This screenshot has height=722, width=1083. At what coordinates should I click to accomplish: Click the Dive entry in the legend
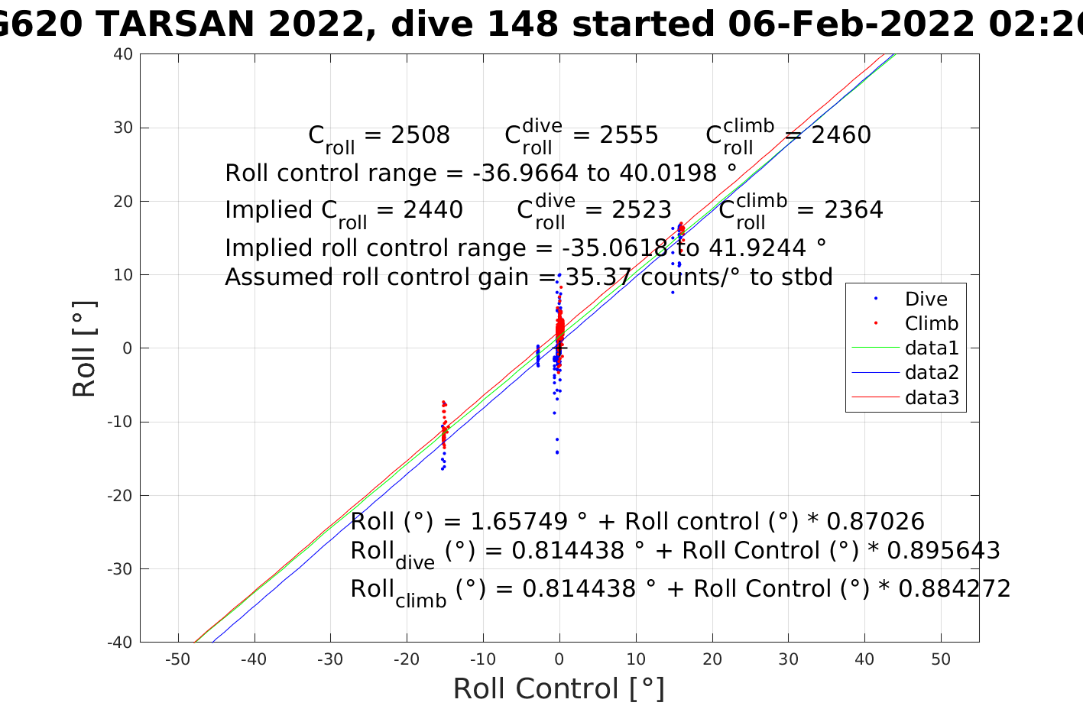[x=926, y=299]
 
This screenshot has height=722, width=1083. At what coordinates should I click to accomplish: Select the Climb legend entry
[x=931, y=324]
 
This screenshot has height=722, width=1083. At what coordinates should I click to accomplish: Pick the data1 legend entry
[x=931, y=348]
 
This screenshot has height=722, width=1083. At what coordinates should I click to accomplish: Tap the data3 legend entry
[x=931, y=397]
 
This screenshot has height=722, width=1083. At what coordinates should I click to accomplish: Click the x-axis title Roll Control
[x=559, y=689]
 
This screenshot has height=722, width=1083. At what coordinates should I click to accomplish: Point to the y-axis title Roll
[x=84, y=348]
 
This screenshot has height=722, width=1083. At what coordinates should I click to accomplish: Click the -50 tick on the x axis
[x=177, y=659]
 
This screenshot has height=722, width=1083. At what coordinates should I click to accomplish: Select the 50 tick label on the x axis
[x=941, y=659]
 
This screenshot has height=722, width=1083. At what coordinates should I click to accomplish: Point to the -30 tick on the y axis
[x=121, y=569]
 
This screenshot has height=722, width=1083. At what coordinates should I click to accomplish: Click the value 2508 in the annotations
[x=420, y=135]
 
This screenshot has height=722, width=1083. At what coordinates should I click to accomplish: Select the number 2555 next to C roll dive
[x=629, y=135]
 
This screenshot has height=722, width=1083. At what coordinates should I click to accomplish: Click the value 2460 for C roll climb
[x=841, y=135]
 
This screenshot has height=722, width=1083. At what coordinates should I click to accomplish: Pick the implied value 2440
[x=433, y=210]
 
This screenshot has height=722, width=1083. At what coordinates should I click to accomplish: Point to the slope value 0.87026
[x=876, y=522]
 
